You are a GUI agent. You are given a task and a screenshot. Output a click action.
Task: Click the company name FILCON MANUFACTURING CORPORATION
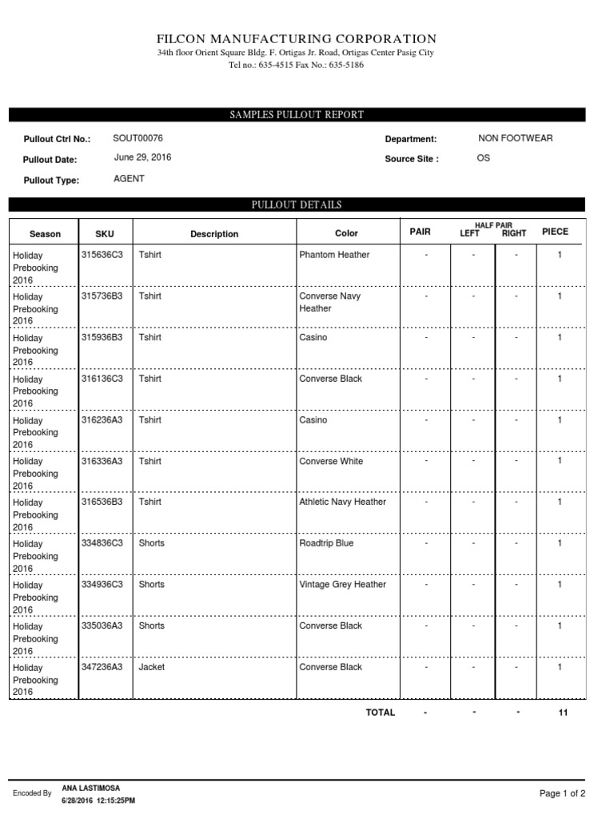point(297,38)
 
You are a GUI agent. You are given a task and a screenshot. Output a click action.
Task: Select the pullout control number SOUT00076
point(138,138)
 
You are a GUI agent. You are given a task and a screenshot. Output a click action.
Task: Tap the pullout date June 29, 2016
point(142,157)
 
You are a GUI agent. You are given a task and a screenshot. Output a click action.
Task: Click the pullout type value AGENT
point(130,179)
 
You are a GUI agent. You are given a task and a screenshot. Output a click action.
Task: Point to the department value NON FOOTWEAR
point(515,138)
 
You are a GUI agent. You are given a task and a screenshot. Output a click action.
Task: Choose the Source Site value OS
point(484,158)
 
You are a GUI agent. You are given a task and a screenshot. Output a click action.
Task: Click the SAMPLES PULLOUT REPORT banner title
point(297,115)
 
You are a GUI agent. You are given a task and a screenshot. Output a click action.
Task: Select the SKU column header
point(105,234)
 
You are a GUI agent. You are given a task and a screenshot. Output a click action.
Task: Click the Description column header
point(214,234)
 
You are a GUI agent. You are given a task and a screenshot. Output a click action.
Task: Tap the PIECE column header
point(555,232)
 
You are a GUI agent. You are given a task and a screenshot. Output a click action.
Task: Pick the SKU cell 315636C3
point(102,255)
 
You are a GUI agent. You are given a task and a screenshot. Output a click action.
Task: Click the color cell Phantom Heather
point(334,255)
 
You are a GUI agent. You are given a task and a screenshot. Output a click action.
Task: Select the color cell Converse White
point(331,461)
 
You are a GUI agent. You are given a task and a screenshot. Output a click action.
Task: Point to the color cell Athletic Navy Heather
point(342,502)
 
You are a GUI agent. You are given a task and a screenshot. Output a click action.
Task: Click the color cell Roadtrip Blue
point(326,543)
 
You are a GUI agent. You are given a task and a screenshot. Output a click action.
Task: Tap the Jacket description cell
point(152,666)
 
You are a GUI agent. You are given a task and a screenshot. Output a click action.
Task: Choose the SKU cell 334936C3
point(102,584)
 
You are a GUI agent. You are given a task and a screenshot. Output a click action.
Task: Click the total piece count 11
point(563,713)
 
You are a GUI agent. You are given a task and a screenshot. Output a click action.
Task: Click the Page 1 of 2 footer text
point(562,793)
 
